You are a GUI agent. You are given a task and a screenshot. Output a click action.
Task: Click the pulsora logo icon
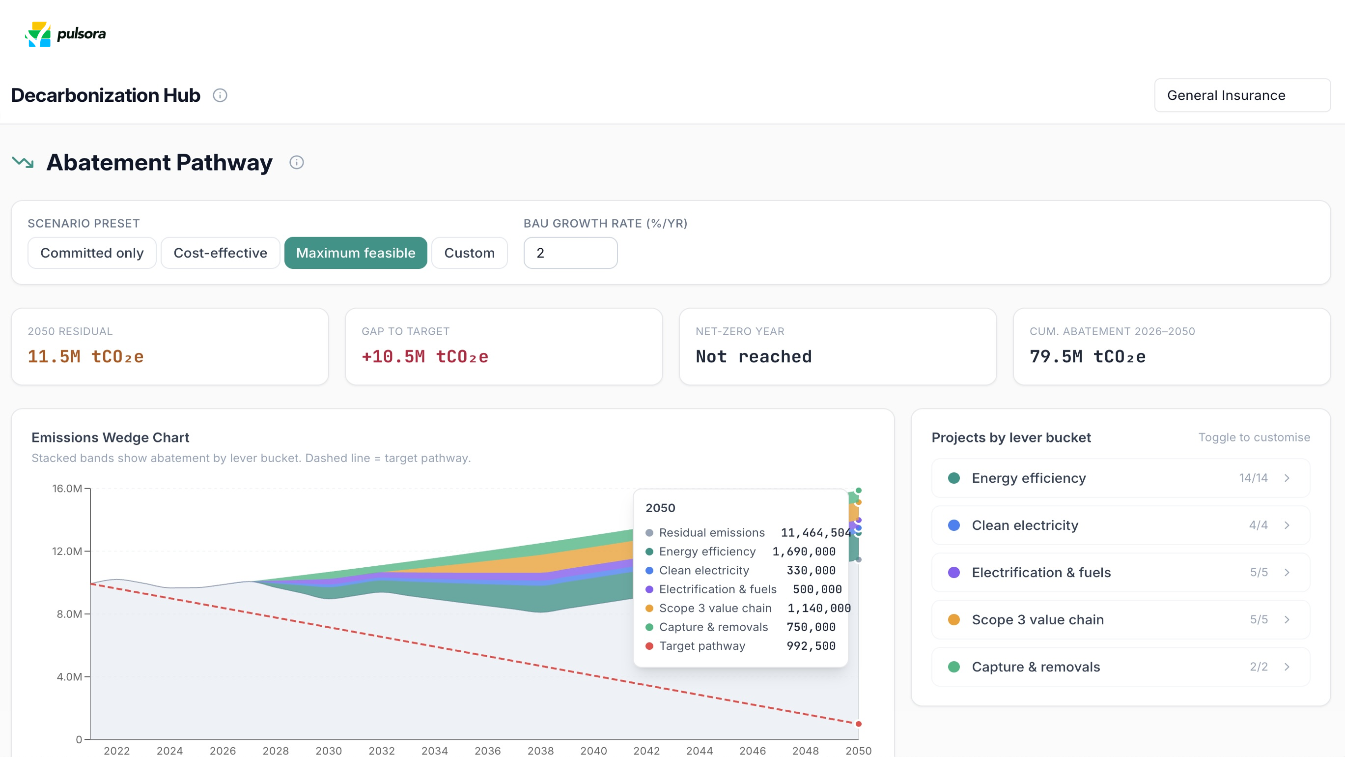click(x=38, y=34)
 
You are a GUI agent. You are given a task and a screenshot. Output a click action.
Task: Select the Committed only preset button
click(x=92, y=253)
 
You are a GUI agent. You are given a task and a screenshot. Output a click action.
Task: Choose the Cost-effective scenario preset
click(x=221, y=253)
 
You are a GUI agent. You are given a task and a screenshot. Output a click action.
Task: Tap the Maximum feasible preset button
click(x=356, y=253)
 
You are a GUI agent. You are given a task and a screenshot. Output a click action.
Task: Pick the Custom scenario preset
click(x=470, y=253)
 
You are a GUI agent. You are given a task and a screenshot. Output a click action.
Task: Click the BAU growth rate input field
click(x=570, y=253)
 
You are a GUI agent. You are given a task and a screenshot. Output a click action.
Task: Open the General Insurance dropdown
click(x=1242, y=95)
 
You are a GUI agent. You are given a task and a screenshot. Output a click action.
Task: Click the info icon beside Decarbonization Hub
click(x=220, y=95)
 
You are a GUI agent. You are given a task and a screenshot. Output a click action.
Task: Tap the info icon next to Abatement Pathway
click(x=297, y=163)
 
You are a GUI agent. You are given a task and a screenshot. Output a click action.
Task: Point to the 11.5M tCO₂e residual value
click(x=85, y=356)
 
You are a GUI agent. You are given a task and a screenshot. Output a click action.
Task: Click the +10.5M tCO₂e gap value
click(x=425, y=356)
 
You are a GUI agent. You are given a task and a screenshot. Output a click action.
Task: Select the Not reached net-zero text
click(x=754, y=356)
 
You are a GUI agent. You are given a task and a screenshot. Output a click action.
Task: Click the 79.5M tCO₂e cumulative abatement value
click(x=1088, y=356)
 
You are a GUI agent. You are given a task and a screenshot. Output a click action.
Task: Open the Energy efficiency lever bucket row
click(x=1121, y=478)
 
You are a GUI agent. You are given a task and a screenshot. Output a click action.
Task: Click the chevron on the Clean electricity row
click(x=1287, y=525)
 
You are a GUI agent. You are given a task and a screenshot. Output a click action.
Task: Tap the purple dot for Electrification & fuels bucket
click(x=954, y=572)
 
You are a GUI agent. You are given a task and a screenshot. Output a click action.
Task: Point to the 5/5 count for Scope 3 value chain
click(x=1259, y=619)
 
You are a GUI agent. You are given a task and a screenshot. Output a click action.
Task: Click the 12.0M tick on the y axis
click(x=67, y=551)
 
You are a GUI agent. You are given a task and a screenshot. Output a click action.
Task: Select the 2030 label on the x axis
click(x=329, y=750)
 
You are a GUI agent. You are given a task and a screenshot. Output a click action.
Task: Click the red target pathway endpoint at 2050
click(x=858, y=724)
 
